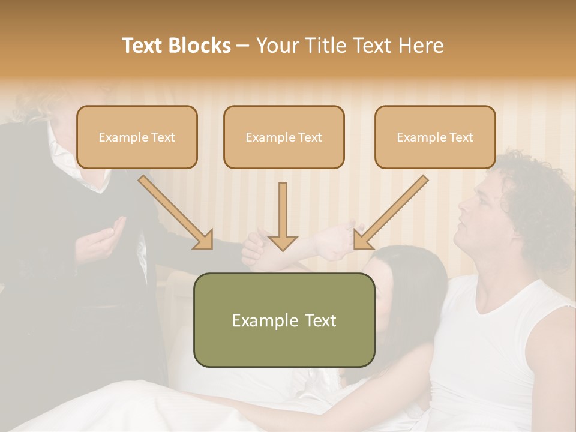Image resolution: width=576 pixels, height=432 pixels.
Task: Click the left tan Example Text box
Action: click(x=137, y=137)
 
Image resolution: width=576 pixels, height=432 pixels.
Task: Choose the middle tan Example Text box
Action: click(x=284, y=137)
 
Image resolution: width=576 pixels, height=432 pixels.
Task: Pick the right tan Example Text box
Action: click(x=435, y=137)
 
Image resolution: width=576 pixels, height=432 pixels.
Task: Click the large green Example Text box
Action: click(x=284, y=320)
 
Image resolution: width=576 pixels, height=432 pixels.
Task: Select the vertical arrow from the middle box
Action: click(x=283, y=216)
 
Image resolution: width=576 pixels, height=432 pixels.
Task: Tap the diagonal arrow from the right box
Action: click(x=392, y=211)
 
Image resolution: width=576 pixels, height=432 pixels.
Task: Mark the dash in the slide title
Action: click(x=243, y=46)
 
